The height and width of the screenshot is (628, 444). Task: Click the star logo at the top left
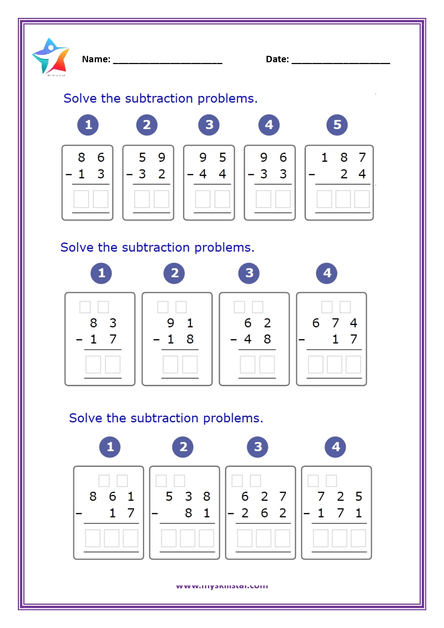51,57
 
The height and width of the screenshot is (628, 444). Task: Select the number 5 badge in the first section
337,125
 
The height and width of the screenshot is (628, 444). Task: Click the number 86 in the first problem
91,157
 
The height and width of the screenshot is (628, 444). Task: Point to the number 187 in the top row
343,157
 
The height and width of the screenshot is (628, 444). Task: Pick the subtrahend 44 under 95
213,174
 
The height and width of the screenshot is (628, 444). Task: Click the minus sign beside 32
130,175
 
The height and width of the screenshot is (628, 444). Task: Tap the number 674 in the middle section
335,323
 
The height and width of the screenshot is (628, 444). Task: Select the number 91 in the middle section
180,323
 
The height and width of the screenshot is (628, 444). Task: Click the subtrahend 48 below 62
257,339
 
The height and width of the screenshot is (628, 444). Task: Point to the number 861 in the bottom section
112,497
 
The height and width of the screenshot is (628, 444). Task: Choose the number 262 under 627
264,513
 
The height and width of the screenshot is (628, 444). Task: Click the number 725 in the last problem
340,497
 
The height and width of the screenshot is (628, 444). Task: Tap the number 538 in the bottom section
188,497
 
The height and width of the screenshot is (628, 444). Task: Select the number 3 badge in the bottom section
258,447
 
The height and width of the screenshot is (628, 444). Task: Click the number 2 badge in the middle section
174,273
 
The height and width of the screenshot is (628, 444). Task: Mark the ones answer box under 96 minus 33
283,199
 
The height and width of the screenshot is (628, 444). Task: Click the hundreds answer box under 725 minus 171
321,539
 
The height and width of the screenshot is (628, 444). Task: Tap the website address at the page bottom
222,586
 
